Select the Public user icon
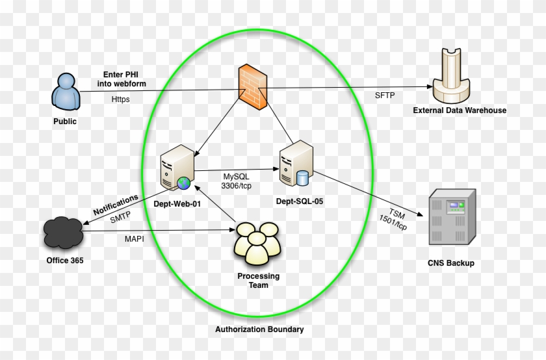click(65, 92)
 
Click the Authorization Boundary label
click(259, 329)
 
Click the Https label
click(121, 99)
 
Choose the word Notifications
click(116, 205)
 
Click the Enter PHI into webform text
click(124, 79)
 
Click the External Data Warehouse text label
click(459, 110)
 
